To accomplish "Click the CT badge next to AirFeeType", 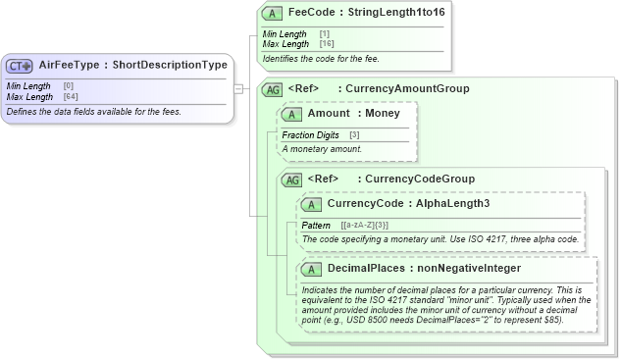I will (x=20, y=66).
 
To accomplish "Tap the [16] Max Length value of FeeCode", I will (x=326, y=44).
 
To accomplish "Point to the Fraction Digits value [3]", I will (x=354, y=134).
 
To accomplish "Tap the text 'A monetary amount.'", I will (x=322, y=148).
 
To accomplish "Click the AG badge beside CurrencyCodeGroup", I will (x=291, y=180).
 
